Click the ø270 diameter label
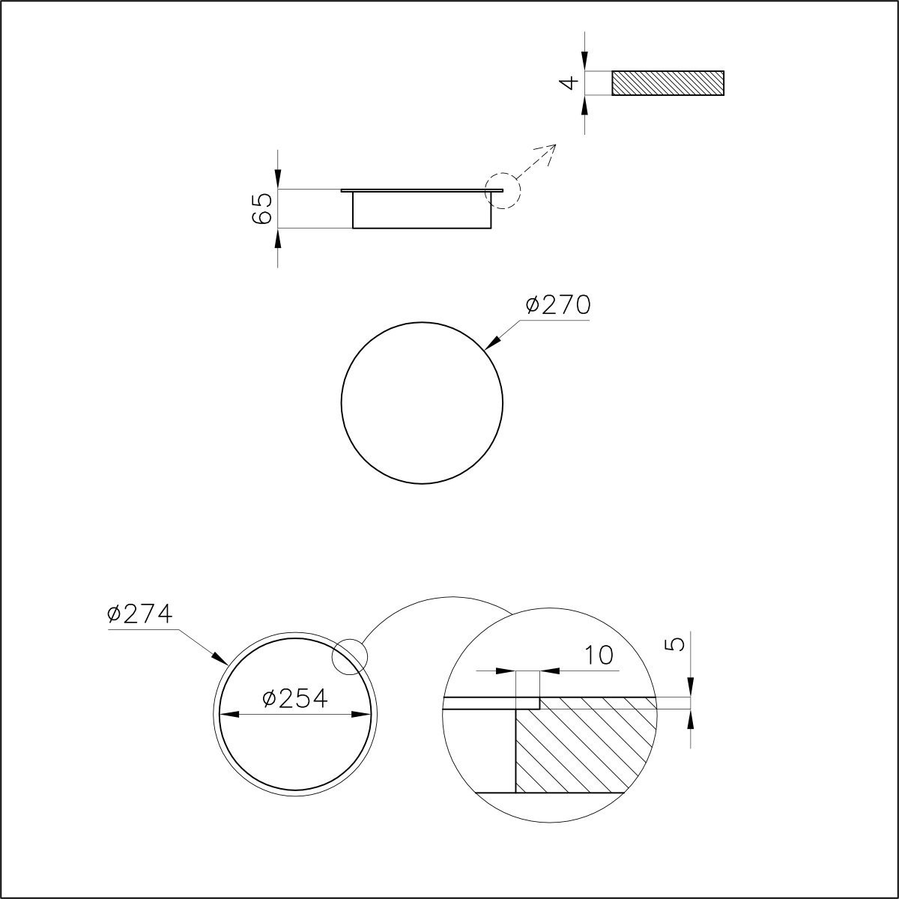[558, 306]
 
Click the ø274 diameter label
[139, 614]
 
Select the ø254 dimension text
[295, 698]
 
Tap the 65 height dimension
[261, 208]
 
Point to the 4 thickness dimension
[569, 83]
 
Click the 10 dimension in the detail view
[599, 656]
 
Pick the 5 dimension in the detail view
[677, 644]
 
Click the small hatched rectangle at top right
[668, 83]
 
